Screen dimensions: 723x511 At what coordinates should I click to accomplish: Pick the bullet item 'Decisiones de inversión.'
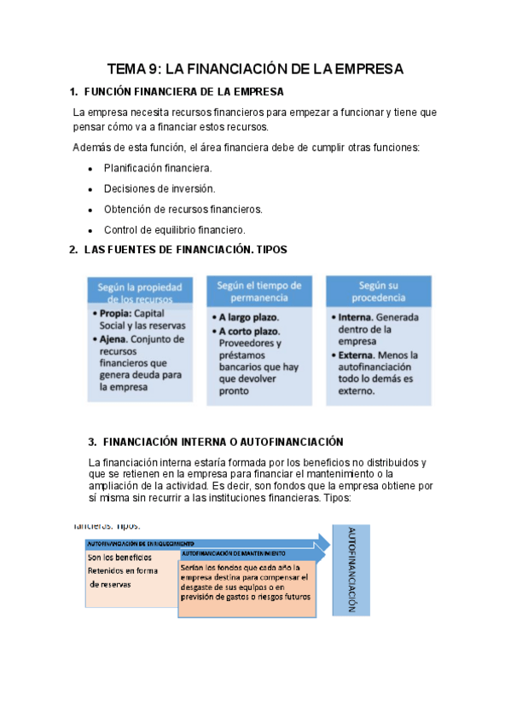click(x=160, y=188)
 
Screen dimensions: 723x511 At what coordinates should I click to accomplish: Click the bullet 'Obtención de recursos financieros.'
click(x=183, y=209)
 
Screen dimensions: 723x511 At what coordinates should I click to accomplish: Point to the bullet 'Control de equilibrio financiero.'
click(x=175, y=229)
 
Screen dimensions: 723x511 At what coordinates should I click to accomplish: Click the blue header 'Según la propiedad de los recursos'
click(x=141, y=292)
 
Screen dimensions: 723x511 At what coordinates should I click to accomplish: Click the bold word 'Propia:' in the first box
click(x=115, y=314)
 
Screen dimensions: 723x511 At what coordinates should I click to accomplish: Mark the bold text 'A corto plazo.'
click(x=250, y=331)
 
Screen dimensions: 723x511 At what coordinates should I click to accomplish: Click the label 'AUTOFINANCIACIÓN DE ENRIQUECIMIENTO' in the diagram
click(x=140, y=542)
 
